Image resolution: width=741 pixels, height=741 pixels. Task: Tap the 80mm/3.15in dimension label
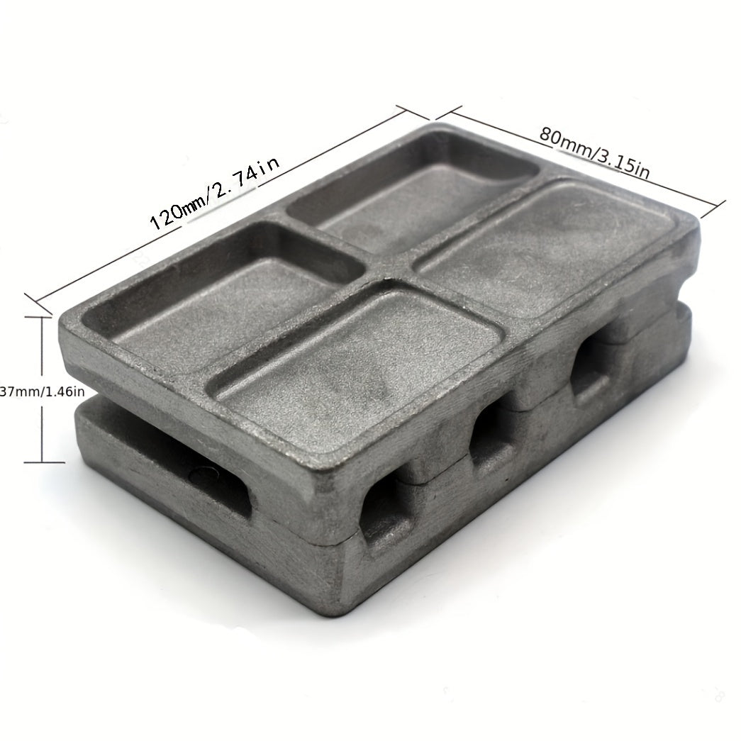click(x=594, y=152)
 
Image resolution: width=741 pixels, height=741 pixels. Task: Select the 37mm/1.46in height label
click(x=43, y=391)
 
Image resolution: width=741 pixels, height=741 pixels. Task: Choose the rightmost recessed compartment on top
click(x=548, y=246)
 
